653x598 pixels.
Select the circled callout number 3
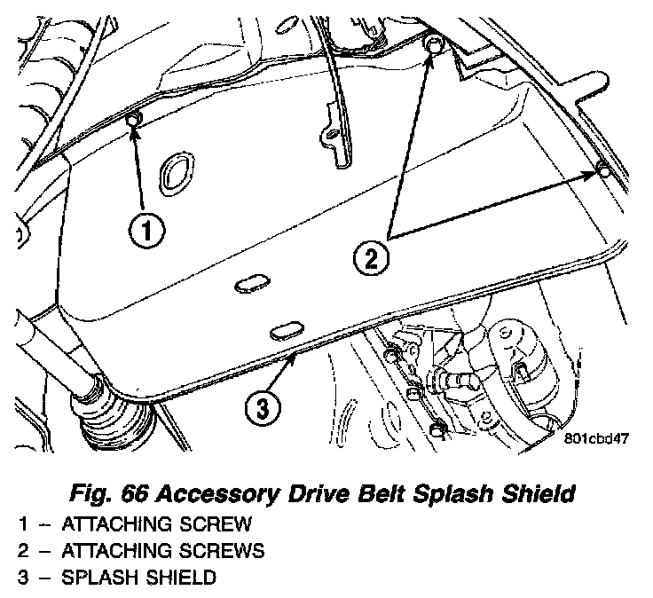(263, 408)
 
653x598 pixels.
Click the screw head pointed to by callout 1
(134, 120)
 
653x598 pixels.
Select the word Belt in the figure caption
(374, 492)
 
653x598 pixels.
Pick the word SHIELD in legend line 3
(183, 578)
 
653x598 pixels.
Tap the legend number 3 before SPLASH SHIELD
(21, 578)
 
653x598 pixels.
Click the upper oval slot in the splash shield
(251, 283)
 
